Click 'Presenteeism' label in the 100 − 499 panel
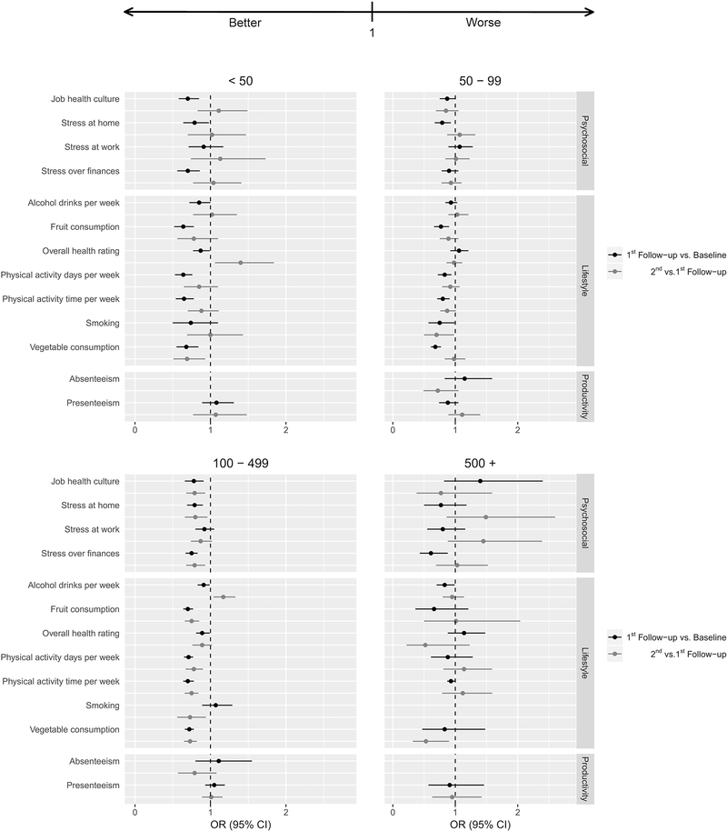(x=93, y=785)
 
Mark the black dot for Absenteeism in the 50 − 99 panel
(x=464, y=378)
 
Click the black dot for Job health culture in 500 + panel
(x=480, y=481)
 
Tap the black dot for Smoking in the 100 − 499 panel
(x=215, y=705)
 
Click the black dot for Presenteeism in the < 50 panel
(x=215, y=403)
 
